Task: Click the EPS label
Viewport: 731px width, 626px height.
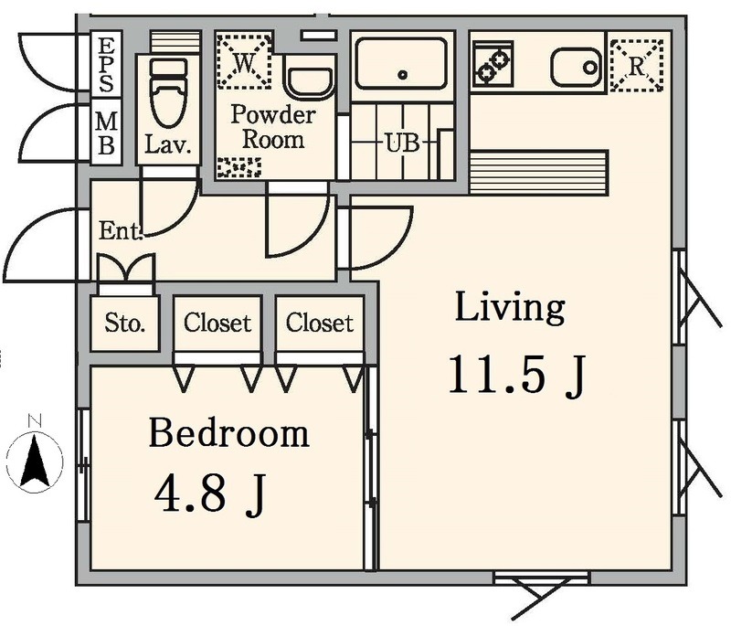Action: [x=106, y=65]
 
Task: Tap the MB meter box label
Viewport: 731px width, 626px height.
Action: [x=106, y=133]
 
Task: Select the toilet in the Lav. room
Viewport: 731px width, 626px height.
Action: [x=168, y=93]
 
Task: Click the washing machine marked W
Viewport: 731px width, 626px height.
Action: [x=244, y=61]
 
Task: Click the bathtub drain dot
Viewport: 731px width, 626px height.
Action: [x=403, y=75]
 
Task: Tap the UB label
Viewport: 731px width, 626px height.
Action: [x=402, y=143]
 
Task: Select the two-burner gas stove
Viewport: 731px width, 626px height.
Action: [x=493, y=64]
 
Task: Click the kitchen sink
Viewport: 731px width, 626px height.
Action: [x=577, y=67]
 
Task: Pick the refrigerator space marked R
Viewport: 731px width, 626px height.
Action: [x=637, y=65]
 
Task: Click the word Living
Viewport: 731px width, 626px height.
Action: [x=510, y=308]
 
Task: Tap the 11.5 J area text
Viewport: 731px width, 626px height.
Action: [x=516, y=377]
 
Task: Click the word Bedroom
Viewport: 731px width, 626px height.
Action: [x=229, y=433]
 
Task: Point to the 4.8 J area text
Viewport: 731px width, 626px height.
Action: [x=210, y=494]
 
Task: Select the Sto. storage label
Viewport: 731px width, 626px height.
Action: [x=124, y=323]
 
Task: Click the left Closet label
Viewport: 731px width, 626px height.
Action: [x=217, y=323]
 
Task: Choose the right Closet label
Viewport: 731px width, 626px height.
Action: [x=319, y=323]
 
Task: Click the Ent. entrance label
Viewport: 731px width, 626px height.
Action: [x=121, y=230]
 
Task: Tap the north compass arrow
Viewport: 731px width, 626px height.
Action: [x=35, y=461]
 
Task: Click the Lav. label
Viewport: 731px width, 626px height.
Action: [x=168, y=144]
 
